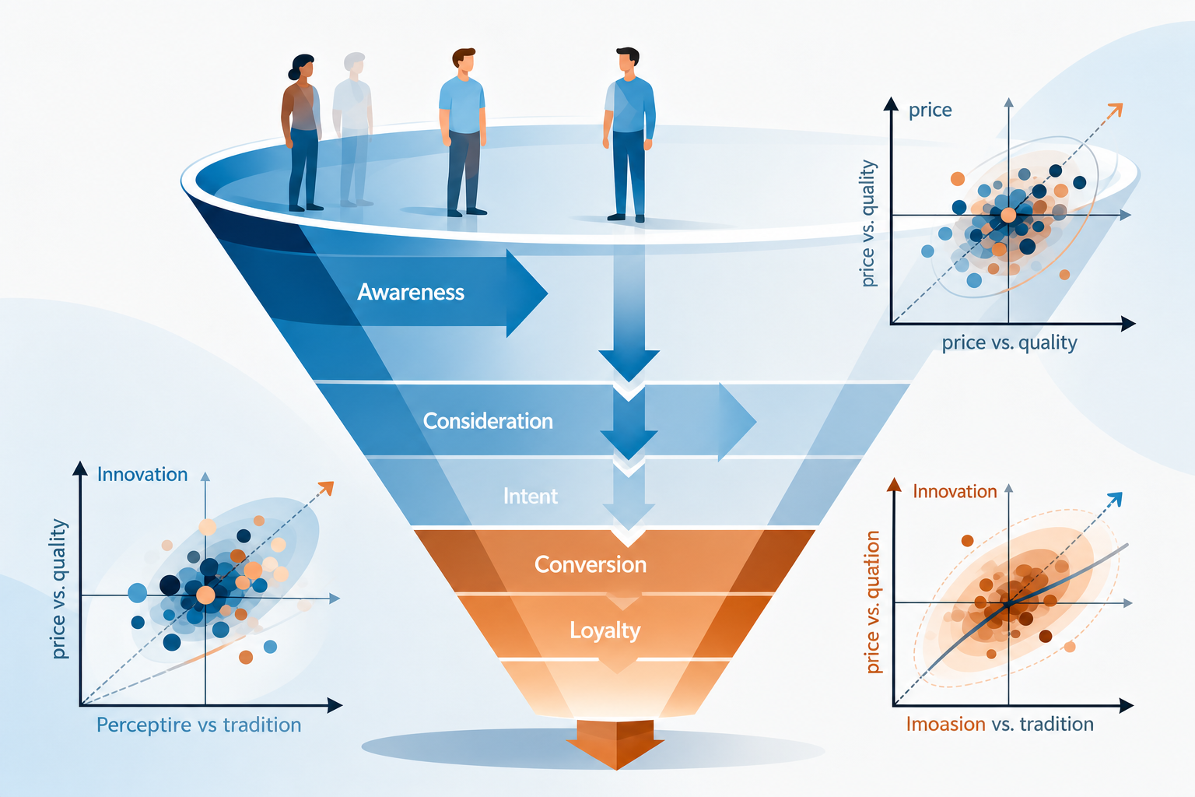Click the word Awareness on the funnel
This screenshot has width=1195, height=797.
411,292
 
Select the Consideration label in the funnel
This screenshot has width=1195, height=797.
488,421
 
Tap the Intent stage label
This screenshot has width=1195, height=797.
531,497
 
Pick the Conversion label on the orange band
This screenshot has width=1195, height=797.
590,565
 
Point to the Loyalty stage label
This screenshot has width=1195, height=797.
605,631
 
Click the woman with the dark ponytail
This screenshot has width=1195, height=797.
302,132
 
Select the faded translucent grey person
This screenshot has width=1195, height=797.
352,129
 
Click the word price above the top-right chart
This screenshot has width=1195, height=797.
930,111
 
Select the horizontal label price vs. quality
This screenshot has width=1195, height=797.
1009,342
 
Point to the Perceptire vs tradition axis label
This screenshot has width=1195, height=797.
198,725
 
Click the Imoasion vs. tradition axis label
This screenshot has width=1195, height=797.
1000,724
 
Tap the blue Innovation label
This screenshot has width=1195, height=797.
142,474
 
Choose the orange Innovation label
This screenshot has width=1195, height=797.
955,491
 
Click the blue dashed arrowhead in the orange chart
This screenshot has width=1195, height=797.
1114,500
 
